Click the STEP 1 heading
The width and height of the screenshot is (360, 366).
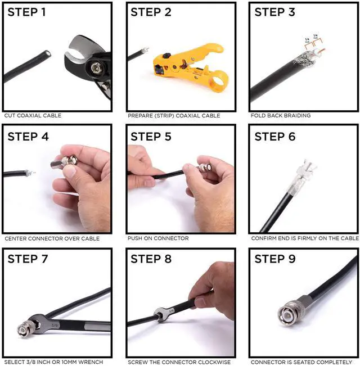pos(26,12)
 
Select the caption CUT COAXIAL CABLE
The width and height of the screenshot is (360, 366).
pos(33,116)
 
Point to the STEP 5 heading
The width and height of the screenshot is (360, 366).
pos(151,137)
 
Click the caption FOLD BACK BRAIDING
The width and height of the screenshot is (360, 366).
pos(281,116)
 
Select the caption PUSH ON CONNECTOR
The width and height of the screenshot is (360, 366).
pos(158,238)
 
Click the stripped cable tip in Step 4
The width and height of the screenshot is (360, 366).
pos(30,173)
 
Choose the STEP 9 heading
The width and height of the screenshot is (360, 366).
pos(275,259)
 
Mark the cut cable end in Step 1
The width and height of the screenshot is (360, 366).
pos(48,53)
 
